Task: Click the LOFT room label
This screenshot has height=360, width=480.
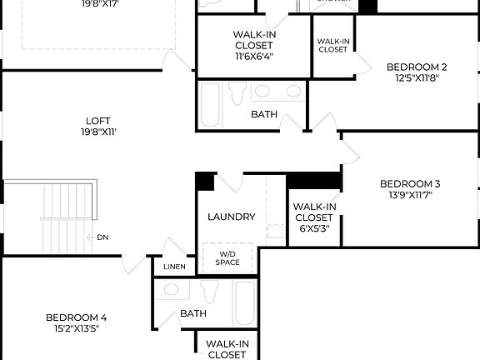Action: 97,121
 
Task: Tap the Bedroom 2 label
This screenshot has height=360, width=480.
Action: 417,67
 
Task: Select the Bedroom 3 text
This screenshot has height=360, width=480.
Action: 409,184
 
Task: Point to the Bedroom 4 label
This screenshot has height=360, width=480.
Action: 76,317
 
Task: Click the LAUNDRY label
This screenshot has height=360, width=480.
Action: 232,217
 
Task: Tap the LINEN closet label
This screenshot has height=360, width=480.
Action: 175,267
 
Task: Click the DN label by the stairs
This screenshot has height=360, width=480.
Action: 102,237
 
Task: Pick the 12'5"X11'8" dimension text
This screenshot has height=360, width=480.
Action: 417,78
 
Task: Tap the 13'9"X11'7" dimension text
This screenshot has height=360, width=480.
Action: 409,196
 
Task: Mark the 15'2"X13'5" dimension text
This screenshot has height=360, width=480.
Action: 76,328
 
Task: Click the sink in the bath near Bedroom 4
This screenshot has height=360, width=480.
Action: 172,290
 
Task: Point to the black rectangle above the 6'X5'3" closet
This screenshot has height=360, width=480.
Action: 314,180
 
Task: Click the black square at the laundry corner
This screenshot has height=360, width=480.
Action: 205,181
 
